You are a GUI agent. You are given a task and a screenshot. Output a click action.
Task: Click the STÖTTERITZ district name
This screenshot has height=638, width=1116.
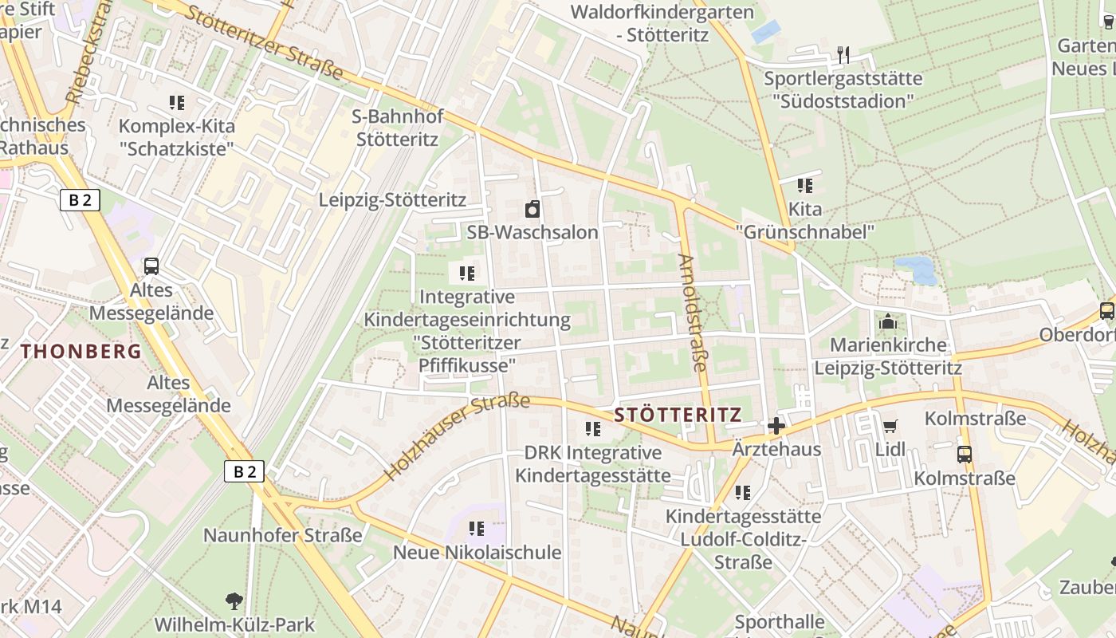coord(678,415)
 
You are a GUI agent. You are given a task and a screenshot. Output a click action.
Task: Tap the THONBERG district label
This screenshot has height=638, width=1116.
coord(81,351)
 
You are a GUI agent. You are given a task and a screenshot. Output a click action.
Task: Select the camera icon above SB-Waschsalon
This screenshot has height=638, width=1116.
coord(532,210)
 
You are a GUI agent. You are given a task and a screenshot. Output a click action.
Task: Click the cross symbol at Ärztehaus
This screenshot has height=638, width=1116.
coord(776,426)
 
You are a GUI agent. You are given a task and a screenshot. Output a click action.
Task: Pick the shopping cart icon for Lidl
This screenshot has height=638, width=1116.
coord(890,426)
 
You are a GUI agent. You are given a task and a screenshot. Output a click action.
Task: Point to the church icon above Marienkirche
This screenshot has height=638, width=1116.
coord(887,322)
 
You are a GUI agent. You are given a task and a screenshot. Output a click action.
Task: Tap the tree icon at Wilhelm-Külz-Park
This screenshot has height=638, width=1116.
coord(234,601)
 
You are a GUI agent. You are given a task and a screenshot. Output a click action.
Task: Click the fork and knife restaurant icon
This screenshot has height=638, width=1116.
coord(843,55)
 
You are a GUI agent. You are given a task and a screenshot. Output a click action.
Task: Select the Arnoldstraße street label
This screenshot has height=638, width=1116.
coord(692,313)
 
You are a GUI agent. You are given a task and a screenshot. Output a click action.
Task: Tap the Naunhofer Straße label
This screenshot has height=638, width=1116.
coord(282,535)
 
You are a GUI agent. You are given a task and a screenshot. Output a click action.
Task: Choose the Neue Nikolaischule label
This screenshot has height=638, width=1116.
coord(477,553)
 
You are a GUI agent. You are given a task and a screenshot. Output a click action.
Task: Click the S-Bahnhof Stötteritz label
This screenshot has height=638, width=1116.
coord(397,128)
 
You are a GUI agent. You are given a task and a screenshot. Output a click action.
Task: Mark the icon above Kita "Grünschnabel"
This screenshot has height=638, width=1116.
coord(805,186)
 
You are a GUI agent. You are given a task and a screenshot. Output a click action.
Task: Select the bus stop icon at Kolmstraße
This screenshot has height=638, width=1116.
coord(965,455)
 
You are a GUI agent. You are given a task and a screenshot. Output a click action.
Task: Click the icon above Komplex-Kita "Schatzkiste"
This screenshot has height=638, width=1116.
coord(177,102)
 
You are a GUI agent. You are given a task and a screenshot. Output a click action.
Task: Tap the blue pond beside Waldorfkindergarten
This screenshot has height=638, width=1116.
coord(766,32)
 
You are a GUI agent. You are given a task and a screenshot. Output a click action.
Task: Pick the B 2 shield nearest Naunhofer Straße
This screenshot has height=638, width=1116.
coord(245,472)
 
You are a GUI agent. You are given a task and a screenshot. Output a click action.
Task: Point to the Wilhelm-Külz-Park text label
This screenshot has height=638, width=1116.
coord(234,624)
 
